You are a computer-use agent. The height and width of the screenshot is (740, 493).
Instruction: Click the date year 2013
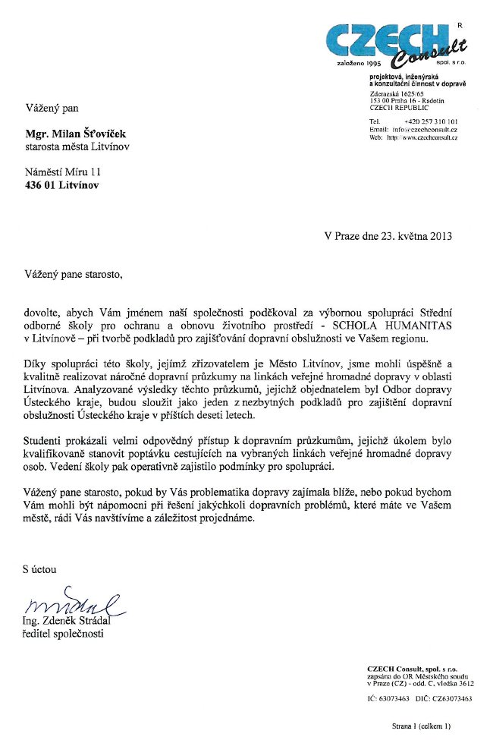click(x=439, y=235)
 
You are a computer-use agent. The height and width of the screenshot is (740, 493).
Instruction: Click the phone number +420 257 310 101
click(x=431, y=121)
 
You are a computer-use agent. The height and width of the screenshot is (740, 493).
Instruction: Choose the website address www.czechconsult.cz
click(x=429, y=138)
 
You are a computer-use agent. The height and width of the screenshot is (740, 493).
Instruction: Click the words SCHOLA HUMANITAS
click(x=393, y=321)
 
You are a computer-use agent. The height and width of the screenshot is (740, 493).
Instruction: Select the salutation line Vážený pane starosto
click(x=73, y=272)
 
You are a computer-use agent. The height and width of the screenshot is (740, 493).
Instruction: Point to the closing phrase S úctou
click(x=38, y=568)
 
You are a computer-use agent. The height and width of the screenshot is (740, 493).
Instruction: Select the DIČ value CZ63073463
click(x=451, y=698)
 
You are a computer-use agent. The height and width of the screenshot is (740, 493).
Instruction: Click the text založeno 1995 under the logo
click(x=356, y=64)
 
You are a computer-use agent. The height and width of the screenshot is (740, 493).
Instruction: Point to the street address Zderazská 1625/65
click(x=396, y=93)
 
